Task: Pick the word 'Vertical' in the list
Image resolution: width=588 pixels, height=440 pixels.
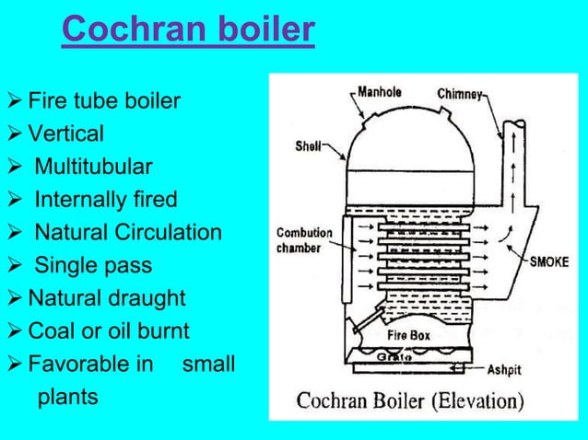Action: coord(65,133)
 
